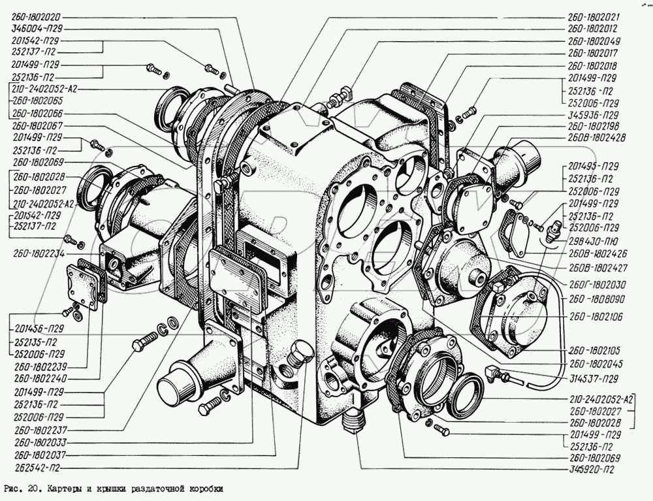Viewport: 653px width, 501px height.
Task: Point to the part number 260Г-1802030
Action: click(594, 285)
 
